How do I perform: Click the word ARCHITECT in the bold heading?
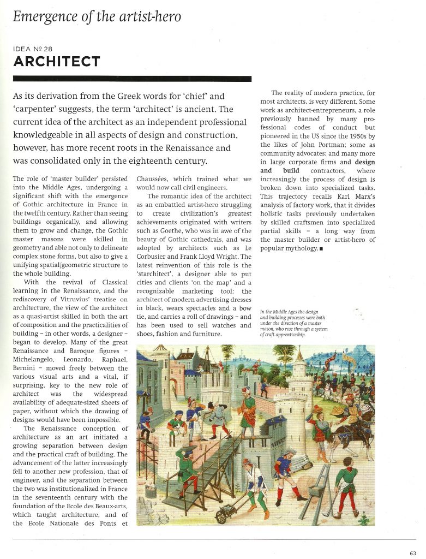point(56,61)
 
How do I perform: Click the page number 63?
point(412,552)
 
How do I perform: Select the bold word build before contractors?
point(290,171)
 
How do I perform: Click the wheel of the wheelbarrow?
point(222,514)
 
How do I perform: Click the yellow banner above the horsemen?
point(352,361)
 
